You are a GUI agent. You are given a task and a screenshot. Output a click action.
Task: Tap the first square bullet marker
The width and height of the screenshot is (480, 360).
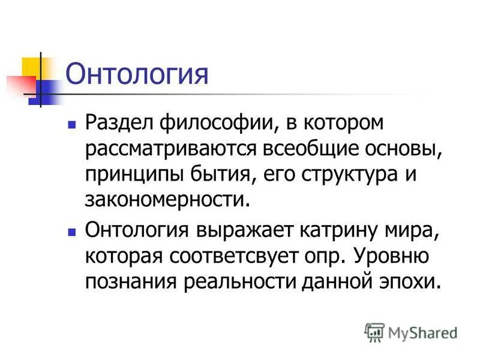(x=72, y=128)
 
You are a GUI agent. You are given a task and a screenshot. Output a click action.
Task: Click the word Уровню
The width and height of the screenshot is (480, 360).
(x=390, y=256)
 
